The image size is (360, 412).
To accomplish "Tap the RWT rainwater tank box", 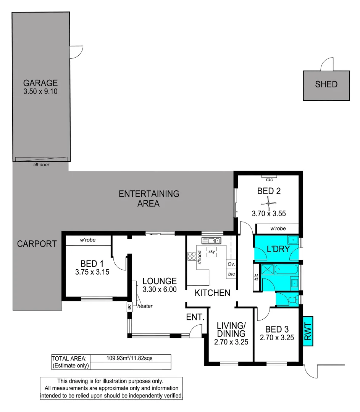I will [308, 331].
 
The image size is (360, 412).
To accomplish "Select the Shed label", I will [326, 84].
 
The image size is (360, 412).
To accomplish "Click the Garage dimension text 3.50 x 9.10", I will [40, 92].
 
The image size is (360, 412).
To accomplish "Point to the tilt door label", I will [41, 165].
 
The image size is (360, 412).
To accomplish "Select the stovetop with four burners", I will [191, 256].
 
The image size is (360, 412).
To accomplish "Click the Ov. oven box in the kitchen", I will [231, 264].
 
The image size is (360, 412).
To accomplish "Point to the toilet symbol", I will [292, 299].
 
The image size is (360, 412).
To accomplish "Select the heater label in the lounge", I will [145, 306].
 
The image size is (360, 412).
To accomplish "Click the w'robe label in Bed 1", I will [87, 240].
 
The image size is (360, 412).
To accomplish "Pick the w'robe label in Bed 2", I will [278, 229].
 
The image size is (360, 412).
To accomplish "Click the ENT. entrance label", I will [195, 317].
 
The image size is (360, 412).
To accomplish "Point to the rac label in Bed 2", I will [269, 179].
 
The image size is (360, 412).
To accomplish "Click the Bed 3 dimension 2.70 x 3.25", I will [277, 337].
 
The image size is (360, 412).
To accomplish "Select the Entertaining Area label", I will [149, 198].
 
